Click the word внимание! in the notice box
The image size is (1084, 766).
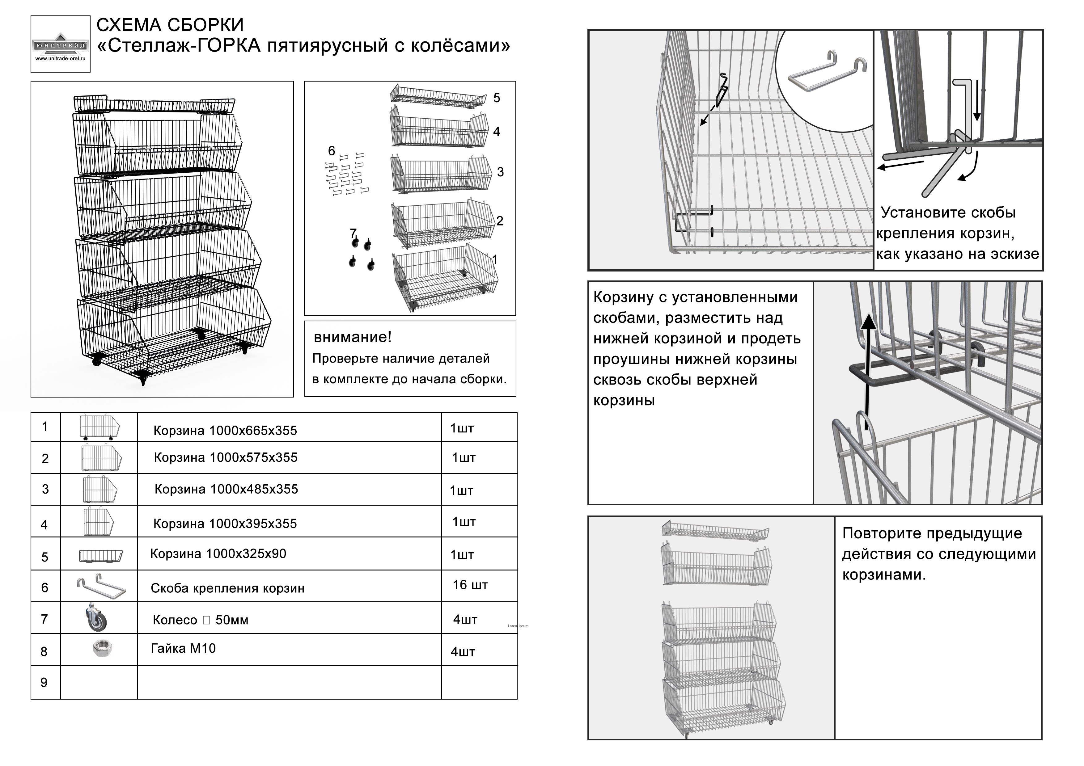353,337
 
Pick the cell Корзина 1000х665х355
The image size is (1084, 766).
225,431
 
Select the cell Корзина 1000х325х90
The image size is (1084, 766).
218,553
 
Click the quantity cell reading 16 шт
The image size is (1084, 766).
470,585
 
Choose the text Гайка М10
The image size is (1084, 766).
183,649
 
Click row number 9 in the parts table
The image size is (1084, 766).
44,683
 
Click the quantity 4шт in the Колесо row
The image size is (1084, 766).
465,620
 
